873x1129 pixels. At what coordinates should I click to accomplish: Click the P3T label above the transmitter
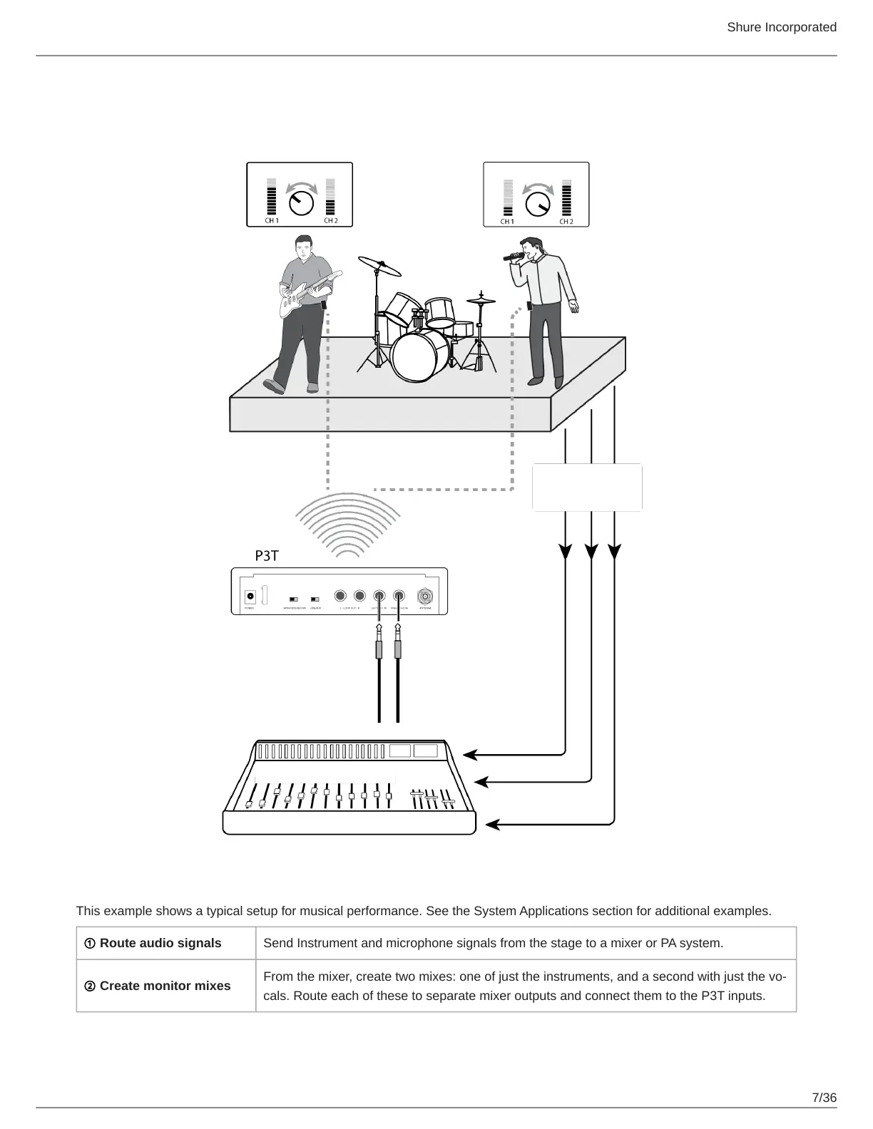coord(267,556)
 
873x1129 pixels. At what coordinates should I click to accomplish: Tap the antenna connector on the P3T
coord(425,596)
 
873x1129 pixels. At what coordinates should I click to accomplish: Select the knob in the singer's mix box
coord(538,204)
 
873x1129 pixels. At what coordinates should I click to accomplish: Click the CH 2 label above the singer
coord(566,222)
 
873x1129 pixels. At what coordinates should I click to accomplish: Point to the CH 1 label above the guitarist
coord(272,221)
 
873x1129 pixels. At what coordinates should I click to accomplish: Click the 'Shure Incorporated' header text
coord(782,27)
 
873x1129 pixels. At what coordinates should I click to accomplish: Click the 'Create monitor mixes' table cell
coord(165,986)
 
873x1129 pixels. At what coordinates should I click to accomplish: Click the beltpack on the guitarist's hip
coord(324,304)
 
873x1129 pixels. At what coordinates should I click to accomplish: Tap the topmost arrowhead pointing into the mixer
coord(471,753)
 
